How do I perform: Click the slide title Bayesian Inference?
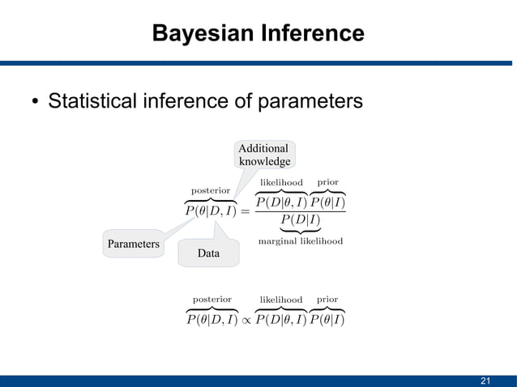point(258,34)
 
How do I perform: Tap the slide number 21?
point(486,381)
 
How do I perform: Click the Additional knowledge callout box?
point(263,155)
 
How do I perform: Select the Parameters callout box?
point(133,244)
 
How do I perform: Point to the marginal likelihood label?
point(300,241)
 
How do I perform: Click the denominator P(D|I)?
point(300,220)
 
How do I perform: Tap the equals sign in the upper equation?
point(246,211)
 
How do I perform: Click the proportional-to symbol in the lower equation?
point(246,320)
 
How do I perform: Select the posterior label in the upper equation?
point(211,190)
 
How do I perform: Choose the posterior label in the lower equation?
point(211,300)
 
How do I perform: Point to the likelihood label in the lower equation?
point(280,300)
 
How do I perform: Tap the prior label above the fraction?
point(327,182)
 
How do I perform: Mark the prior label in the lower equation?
point(327,300)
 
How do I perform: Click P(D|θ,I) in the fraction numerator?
point(280,202)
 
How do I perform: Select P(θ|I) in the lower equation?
point(327,320)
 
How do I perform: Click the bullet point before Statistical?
point(35,103)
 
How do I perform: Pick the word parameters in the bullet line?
point(309,103)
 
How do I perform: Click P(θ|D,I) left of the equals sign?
point(211,211)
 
